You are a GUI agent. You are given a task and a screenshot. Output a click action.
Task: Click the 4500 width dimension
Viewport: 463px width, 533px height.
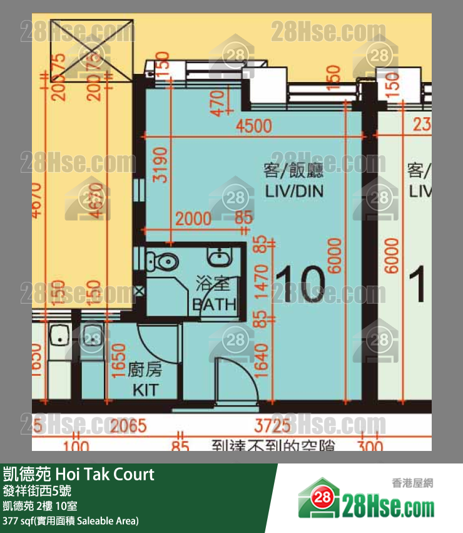254,126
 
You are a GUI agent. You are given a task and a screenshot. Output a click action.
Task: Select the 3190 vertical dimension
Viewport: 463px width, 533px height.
161,165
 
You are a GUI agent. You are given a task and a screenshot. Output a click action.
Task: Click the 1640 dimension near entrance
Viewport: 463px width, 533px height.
262,363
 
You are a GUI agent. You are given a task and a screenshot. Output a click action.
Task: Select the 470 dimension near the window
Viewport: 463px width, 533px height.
216,103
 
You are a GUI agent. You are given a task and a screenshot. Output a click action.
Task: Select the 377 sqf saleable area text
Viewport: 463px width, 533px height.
71,520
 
